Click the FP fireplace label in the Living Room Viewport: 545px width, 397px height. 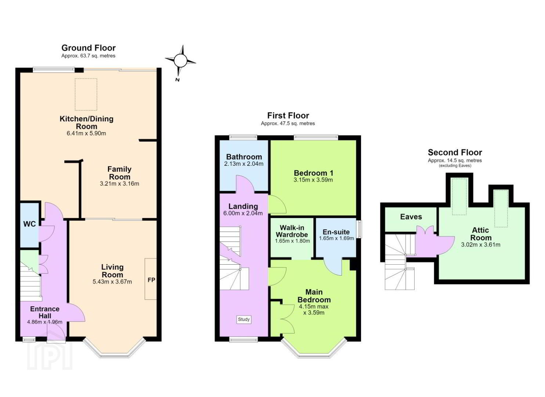151,280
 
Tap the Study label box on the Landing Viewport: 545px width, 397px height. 244,319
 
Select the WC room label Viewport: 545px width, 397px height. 29,224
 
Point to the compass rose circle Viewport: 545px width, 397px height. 180,61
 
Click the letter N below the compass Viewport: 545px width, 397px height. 177,80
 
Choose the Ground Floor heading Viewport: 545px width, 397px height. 88,48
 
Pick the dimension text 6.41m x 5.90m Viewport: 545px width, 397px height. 86,133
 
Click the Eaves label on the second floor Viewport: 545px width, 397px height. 411,217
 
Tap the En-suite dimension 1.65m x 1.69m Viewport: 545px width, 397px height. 336,239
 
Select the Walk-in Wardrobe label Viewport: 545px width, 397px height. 292,231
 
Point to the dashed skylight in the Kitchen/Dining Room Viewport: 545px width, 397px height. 86,94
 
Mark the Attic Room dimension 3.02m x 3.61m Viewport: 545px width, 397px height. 480,245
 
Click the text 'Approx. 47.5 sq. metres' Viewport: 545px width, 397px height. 288,124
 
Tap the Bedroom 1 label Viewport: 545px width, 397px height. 313,173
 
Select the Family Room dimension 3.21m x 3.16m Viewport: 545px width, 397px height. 119,184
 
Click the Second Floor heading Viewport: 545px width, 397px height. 455,153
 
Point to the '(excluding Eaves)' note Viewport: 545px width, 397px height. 455,166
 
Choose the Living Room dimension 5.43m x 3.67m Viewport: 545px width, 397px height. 112,282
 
